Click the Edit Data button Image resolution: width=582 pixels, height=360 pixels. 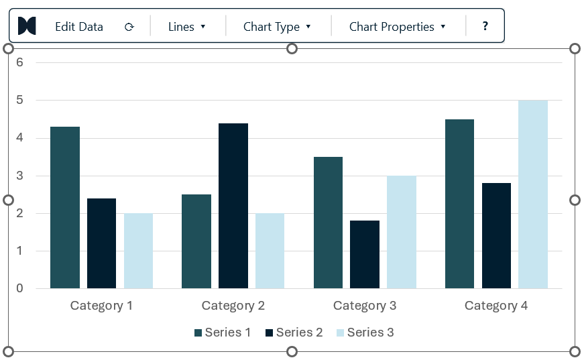79,27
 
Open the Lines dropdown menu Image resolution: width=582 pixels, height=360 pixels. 186,27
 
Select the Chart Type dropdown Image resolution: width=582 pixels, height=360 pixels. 277,27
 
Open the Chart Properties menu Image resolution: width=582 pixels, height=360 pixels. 397,27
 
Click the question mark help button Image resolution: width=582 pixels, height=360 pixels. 485,26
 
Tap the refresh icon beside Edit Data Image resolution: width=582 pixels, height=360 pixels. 129,27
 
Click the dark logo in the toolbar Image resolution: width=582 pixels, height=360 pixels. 27,26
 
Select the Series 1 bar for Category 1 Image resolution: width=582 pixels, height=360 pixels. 65,207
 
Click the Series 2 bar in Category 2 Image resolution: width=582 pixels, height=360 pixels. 233,206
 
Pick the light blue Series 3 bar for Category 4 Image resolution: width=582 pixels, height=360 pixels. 533,194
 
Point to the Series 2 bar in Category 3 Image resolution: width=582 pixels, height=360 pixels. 365,254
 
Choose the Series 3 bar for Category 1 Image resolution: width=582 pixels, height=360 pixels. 138,251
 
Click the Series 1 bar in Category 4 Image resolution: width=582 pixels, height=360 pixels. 459,204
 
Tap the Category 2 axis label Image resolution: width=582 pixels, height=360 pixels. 233,306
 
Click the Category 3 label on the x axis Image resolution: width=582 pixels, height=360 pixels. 365,306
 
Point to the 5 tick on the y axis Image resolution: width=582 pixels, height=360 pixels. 19,100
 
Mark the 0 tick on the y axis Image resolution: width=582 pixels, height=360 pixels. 19,288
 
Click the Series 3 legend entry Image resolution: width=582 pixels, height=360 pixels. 365,332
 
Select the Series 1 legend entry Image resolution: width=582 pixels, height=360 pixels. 223,332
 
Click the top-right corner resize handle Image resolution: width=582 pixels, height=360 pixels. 575,49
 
